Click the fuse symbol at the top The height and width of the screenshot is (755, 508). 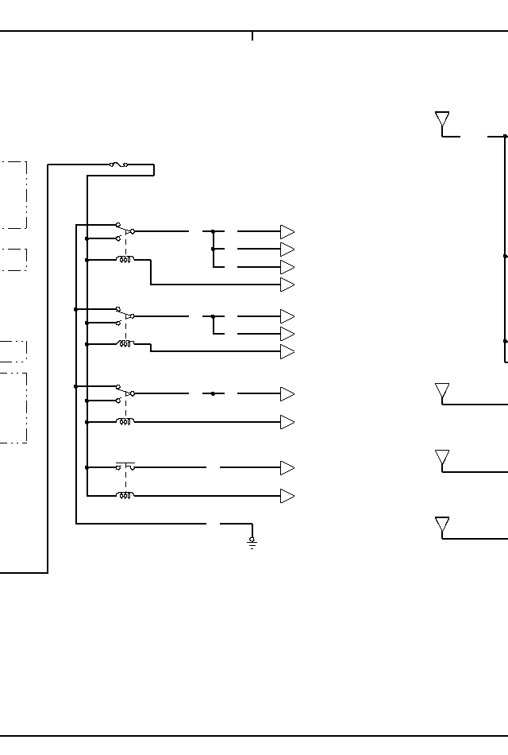(119, 165)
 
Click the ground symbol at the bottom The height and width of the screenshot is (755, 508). (252, 543)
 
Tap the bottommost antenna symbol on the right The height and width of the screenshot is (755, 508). (442, 525)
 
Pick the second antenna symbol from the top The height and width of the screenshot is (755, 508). (442, 392)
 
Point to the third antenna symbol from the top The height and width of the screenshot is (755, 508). (442, 459)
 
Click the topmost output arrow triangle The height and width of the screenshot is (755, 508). (287, 232)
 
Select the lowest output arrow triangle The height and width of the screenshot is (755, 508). (287, 496)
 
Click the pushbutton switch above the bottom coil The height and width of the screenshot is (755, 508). (125, 467)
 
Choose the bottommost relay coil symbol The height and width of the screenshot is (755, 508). (125, 496)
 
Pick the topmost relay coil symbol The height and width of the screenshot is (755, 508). (125, 260)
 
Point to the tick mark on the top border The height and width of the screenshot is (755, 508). (252, 36)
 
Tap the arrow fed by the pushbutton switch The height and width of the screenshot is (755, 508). (287, 468)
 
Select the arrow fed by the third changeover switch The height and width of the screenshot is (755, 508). (287, 394)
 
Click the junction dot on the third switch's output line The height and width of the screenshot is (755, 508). (213, 393)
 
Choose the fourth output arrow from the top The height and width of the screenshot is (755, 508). (287, 285)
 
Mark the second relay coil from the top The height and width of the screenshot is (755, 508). (125, 344)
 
